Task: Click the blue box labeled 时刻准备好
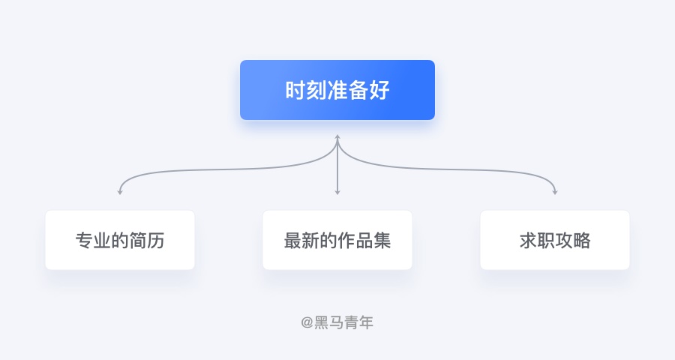(x=337, y=90)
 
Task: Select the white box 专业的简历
(x=120, y=240)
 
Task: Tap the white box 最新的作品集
(x=337, y=240)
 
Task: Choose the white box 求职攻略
(x=555, y=240)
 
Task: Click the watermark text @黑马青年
(x=337, y=322)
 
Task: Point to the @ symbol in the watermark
(x=307, y=322)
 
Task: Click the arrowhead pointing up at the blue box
(x=337, y=137)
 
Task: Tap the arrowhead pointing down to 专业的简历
(x=120, y=192)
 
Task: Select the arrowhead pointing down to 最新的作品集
(x=337, y=192)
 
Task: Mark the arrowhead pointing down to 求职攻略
(x=555, y=192)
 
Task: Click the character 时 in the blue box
(x=295, y=90)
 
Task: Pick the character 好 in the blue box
(x=379, y=90)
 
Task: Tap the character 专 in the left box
(x=84, y=240)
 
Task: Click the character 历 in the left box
(x=156, y=240)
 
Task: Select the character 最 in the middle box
(x=292, y=240)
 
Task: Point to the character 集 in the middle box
(x=382, y=240)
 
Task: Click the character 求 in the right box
(x=528, y=240)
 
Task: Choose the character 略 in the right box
(x=581, y=240)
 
